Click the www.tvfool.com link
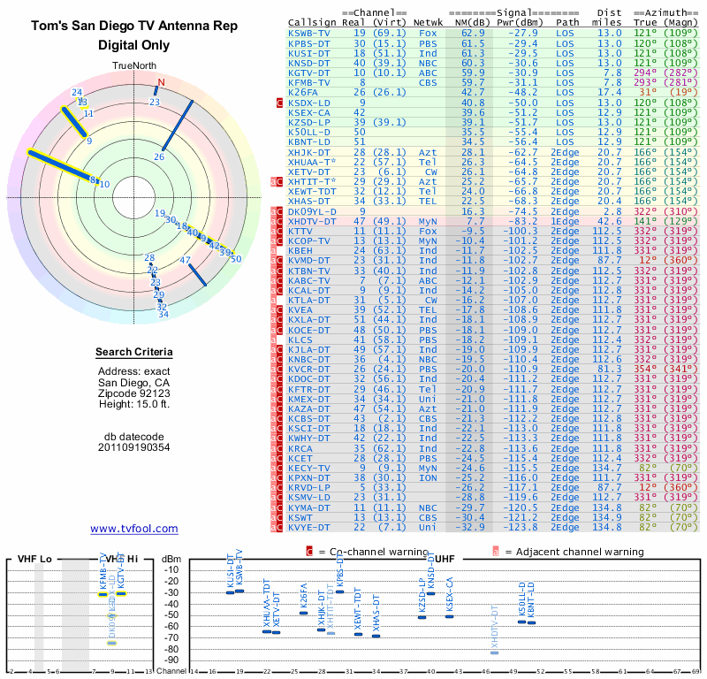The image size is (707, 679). click(134, 529)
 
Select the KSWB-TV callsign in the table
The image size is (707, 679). click(309, 33)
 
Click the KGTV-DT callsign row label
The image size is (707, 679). click(309, 72)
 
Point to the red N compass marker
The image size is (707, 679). click(160, 84)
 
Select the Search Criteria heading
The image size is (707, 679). click(133, 353)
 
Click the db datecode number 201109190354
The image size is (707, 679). click(133, 447)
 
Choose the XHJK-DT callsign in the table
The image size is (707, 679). click(309, 152)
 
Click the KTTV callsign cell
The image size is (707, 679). click(302, 232)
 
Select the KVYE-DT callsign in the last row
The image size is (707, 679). click(309, 527)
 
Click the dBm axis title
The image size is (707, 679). click(171, 560)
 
